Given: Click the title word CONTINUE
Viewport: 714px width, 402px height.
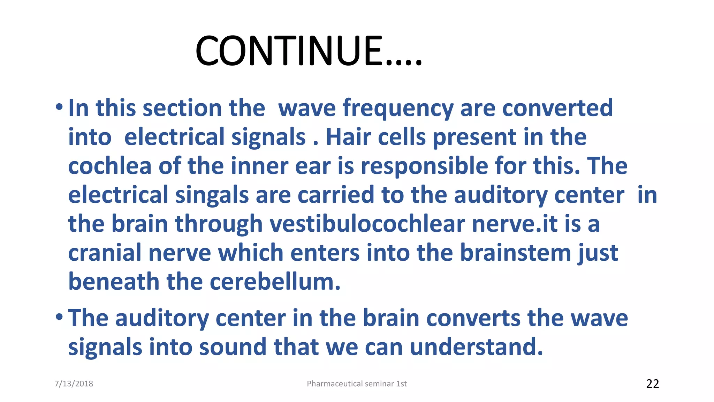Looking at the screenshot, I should pos(309,51).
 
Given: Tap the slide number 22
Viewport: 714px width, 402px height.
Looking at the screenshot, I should pos(652,384).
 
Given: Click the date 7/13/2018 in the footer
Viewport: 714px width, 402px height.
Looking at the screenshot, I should pos(74,384).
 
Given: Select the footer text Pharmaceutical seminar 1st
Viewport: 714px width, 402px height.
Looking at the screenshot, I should pos(357,384).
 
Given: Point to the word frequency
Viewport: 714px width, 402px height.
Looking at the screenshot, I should pos(398,108).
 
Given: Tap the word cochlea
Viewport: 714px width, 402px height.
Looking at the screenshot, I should pos(110,166).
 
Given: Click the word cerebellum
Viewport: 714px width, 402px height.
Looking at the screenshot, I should pos(275,282).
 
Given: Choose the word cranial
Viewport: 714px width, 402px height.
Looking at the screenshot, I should pos(105,253).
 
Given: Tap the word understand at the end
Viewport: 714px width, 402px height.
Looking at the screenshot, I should pos(476,347).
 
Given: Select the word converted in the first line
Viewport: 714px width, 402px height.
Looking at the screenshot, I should pos(557,108).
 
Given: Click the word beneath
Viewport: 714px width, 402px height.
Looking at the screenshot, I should pos(114,282).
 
